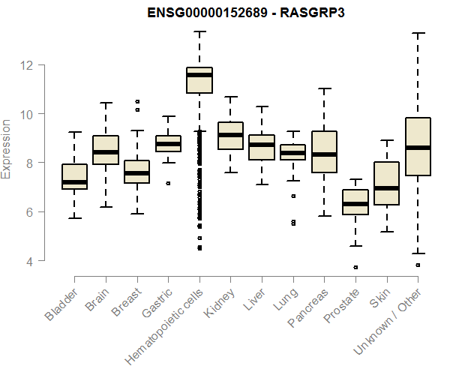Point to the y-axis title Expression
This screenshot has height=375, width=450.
click(7, 148)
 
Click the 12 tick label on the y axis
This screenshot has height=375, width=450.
click(27, 64)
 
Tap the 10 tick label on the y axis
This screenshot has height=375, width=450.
click(27, 114)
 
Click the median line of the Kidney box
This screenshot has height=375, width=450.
click(230, 135)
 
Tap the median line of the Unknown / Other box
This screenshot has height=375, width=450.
click(418, 148)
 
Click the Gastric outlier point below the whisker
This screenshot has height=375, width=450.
click(168, 183)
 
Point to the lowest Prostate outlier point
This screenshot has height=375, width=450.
click(355, 267)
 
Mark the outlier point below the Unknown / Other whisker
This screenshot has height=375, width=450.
click(418, 265)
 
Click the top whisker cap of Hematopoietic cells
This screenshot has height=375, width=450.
click(199, 31)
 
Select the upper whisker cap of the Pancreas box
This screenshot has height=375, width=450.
click(324, 88)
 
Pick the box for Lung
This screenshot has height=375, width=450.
click(293, 152)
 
